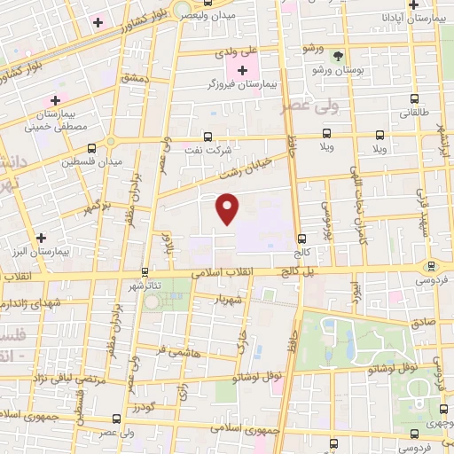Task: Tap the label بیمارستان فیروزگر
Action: pyautogui.click(x=242, y=82)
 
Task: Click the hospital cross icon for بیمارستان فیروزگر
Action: pyautogui.click(x=242, y=68)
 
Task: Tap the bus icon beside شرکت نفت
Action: pyautogui.click(x=207, y=137)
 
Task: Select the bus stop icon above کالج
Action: pyautogui.click(x=302, y=239)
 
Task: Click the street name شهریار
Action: pyautogui.click(x=228, y=299)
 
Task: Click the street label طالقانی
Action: pyautogui.click(x=414, y=113)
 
